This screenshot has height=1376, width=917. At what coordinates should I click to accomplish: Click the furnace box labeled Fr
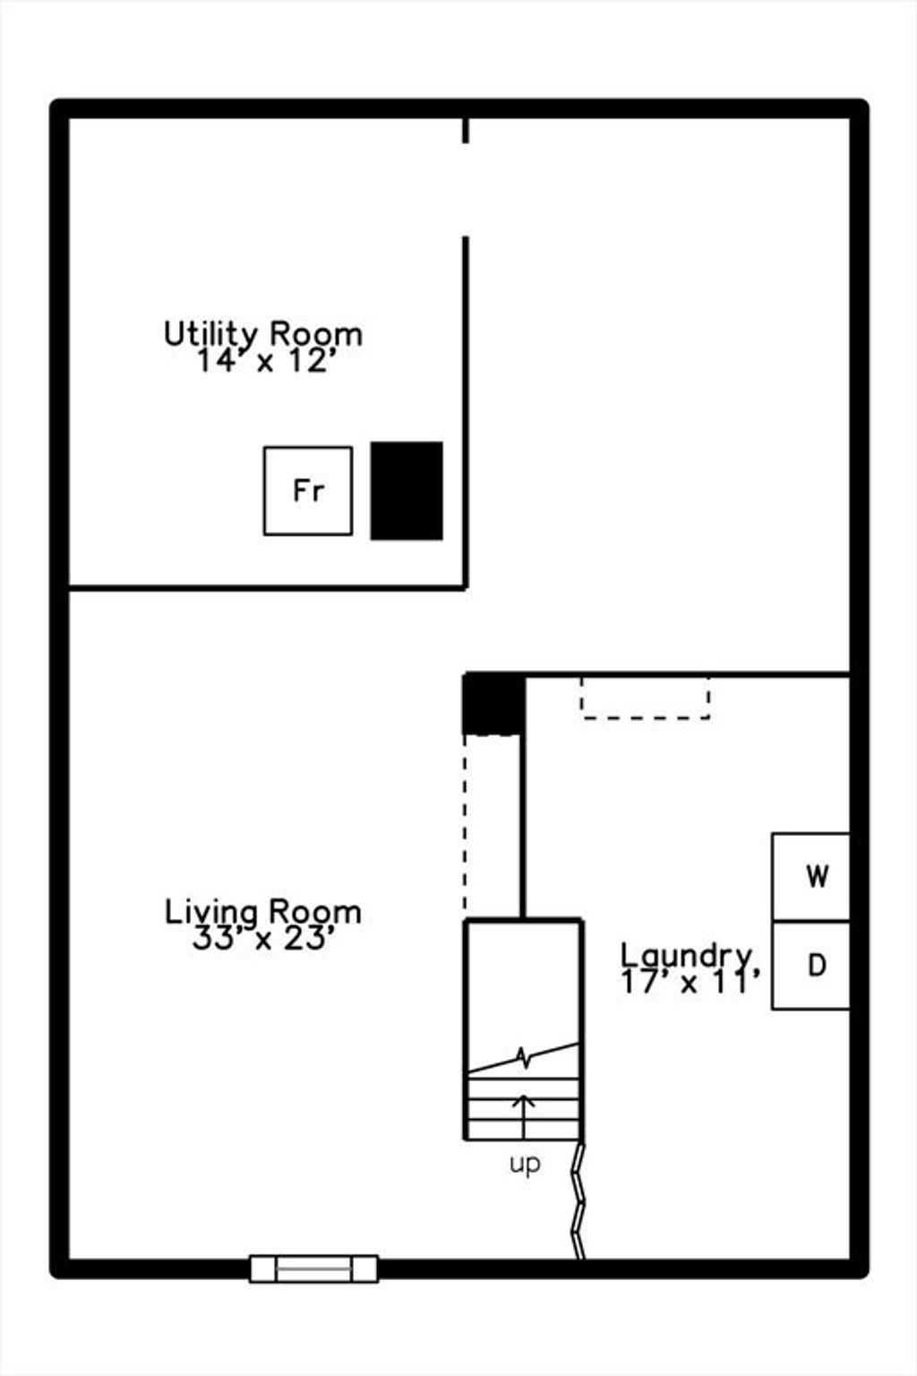pos(308,491)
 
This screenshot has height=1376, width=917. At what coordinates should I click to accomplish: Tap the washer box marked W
pos(810,877)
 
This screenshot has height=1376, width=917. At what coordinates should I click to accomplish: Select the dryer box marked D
pos(810,965)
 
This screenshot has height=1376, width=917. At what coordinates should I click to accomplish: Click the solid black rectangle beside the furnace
pos(407,491)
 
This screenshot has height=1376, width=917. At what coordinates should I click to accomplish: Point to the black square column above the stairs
pos(493,703)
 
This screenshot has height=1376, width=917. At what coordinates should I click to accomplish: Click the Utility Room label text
pos(263,334)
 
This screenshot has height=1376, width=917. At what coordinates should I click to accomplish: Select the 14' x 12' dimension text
pos(268,361)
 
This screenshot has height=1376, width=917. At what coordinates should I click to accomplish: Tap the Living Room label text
pos(263,912)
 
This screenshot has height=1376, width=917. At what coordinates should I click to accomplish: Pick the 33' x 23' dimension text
pos(263,939)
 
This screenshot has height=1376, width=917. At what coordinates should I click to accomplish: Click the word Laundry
pos(686,956)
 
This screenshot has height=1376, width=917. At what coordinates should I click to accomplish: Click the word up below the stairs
pos(525,1164)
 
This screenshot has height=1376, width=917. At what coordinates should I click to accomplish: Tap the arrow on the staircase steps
pos(524,1116)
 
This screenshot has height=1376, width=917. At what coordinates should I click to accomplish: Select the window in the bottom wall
pos(313,1268)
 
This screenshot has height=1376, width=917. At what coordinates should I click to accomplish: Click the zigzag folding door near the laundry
pos(578,1201)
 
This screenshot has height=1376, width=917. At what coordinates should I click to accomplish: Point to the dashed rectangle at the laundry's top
pos(646,698)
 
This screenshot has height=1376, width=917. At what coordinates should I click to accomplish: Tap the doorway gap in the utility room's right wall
pos(466,190)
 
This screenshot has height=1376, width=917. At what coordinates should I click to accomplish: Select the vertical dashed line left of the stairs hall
pos(465,824)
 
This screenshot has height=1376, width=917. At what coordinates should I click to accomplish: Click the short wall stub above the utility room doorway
pos(466,130)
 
